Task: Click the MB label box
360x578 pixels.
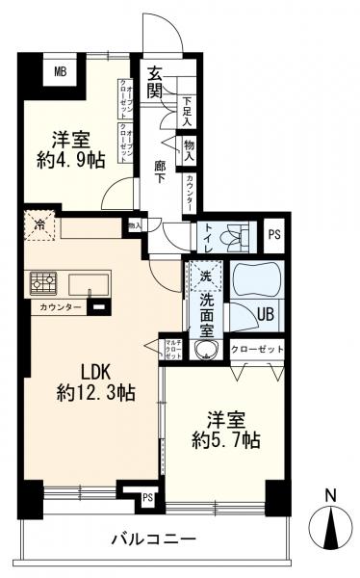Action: pos(60,70)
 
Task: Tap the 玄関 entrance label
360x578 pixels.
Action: pos(156,81)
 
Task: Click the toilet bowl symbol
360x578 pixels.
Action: pos(232,234)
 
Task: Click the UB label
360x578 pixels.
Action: pos(264,311)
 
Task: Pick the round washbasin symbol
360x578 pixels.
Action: pos(204,351)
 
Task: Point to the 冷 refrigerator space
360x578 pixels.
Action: pos(39,227)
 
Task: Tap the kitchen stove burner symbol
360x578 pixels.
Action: pos(43,282)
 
